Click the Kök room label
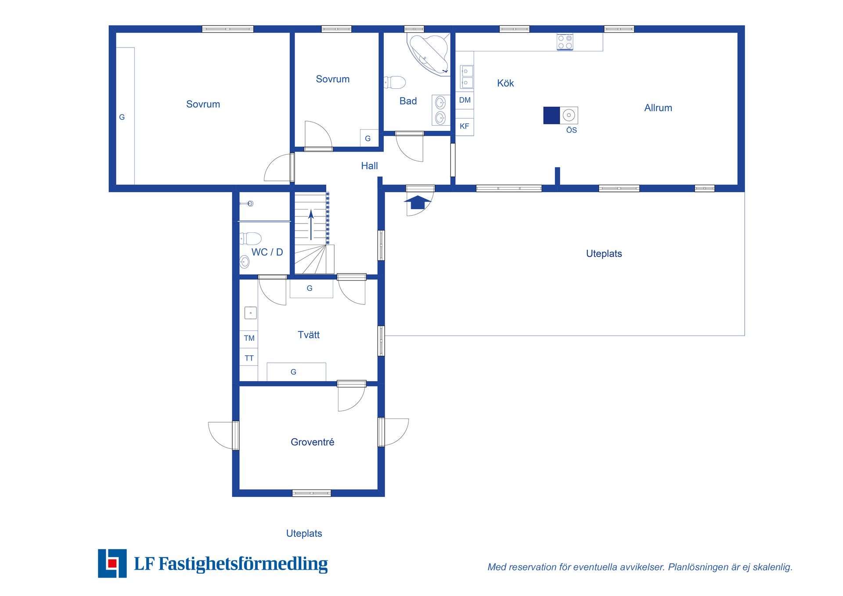tap(505, 83)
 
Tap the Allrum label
tap(658, 108)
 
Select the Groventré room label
tap(312, 442)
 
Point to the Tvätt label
tap(308, 335)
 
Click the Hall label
tap(369, 166)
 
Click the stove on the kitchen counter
tap(565, 42)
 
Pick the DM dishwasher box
tap(465, 100)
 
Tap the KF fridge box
tap(465, 126)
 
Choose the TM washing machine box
tap(249, 338)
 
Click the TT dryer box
tap(249, 358)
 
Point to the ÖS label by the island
tap(571, 130)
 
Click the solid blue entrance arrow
tap(418, 202)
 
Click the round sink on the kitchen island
tap(569, 115)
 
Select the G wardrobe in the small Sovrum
tap(368, 138)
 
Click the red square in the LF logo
tap(112, 563)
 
